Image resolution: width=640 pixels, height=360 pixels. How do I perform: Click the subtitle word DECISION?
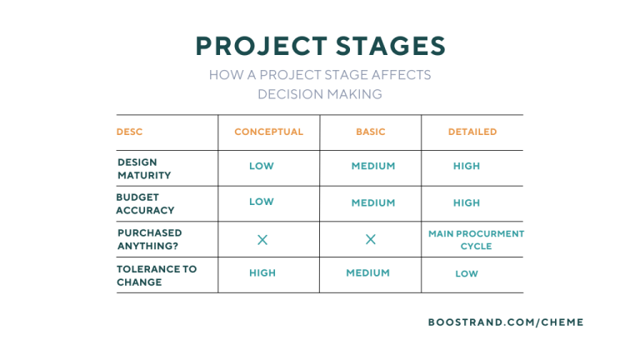[287, 94]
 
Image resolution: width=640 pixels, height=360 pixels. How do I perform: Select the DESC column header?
[129, 132]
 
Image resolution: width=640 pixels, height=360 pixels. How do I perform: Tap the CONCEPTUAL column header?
[268, 132]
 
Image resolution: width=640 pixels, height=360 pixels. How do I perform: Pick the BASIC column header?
[371, 132]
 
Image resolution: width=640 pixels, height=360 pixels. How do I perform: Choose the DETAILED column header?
[472, 132]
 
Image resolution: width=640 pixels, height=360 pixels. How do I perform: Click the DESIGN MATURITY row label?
[144, 168]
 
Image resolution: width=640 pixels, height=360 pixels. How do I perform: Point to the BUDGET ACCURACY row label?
[145, 203]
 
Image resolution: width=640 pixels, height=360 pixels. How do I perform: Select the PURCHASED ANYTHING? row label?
[149, 239]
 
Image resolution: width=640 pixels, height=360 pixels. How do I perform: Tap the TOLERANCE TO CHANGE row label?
[157, 275]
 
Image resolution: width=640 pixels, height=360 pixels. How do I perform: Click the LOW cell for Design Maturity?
[261, 166]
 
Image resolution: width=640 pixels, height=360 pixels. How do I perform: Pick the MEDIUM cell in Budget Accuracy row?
[372, 202]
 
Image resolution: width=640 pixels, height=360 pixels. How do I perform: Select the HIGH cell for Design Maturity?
[467, 166]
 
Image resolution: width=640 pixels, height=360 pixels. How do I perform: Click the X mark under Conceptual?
[262, 240]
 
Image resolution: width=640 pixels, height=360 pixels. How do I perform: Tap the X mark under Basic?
[371, 240]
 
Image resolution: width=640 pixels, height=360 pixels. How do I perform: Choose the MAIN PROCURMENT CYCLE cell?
[476, 240]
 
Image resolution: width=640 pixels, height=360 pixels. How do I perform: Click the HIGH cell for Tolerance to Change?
[262, 272]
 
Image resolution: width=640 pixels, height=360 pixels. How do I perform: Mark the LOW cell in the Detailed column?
[467, 273]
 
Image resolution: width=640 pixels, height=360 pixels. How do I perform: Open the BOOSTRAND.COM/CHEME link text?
[506, 322]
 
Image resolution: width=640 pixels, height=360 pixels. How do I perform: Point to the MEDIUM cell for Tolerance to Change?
[367, 272]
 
